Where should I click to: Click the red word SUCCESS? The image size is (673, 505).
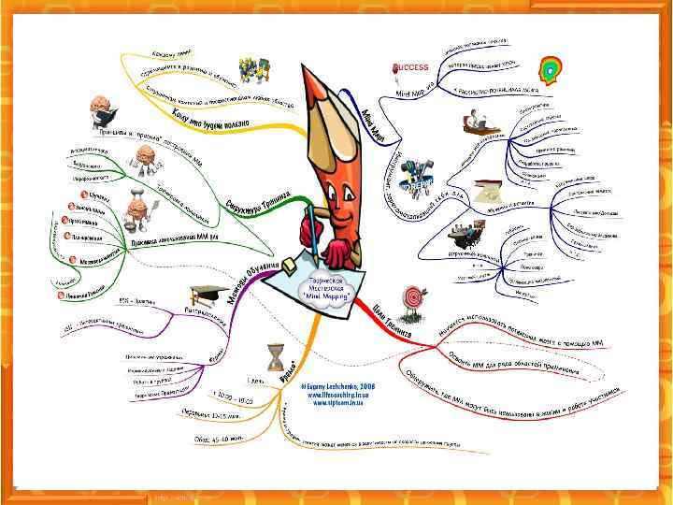coord(409,67)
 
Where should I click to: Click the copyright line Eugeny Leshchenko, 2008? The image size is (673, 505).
coord(329,384)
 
